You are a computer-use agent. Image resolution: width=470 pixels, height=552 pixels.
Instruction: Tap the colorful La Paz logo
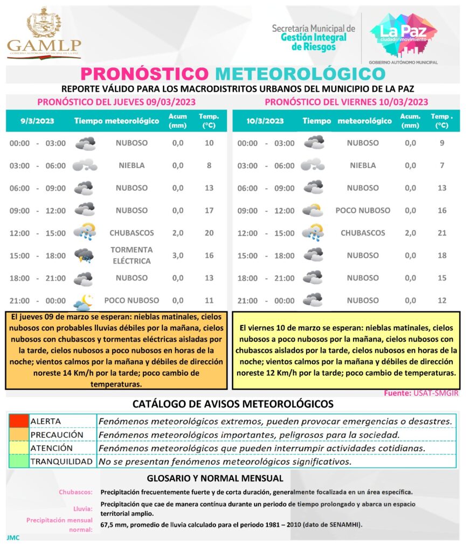tap(403, 34)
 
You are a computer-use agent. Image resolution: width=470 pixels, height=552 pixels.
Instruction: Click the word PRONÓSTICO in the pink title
tap(144, 73)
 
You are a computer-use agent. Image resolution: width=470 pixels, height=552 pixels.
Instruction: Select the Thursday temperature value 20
tap(209, 233)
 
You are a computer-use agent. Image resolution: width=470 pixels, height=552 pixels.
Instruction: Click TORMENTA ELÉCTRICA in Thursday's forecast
tap(132, 256)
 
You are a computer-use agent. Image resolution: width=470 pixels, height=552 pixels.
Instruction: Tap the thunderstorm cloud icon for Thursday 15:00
tap(84, 256)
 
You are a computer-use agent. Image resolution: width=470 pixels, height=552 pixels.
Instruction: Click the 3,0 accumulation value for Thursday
tap(178, 256)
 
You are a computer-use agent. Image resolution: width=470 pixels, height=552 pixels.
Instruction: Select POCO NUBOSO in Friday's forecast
tap(363, 210)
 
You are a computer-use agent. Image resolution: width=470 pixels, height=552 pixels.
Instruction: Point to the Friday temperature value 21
tap(442, 233)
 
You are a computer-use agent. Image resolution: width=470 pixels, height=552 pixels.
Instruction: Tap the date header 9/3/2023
tap(34, 121)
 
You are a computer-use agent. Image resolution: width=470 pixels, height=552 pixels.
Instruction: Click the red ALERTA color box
tap(18, 421)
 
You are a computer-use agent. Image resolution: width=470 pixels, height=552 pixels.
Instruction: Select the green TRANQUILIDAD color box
tap(18, 461)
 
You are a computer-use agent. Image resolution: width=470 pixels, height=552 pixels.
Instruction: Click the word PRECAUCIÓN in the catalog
tap(57, 434)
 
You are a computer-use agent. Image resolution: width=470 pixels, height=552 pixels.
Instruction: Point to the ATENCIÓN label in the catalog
tap(51, 448)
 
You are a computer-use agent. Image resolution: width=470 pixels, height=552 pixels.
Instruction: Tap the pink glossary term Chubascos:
tap(75, 492)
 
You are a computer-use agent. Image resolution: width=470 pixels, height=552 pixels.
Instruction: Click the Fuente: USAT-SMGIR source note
tap(421, 394)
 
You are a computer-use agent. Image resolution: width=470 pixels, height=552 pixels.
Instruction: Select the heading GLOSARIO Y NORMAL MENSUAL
tap(215, 478)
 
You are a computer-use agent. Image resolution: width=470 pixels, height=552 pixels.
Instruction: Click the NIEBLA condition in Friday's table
tap(363, 165)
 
